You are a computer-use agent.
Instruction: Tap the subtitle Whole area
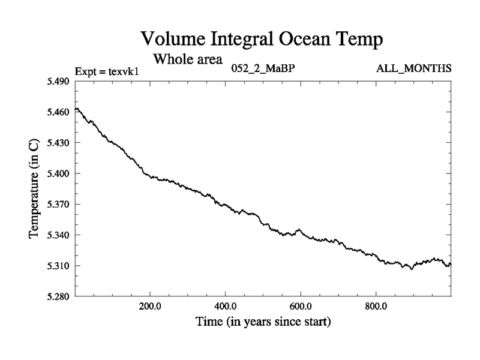(x=188, y=59)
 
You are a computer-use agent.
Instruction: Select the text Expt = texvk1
(x=107, y=71)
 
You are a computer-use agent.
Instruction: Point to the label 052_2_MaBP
(x=263, y=68)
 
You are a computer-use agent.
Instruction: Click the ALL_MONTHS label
(x=413, y=68)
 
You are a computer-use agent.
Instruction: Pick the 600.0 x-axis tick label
(x=301, y=306)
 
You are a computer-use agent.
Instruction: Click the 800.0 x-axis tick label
(x=376, y=306)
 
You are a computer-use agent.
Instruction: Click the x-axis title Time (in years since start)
(x=263, y=322)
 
